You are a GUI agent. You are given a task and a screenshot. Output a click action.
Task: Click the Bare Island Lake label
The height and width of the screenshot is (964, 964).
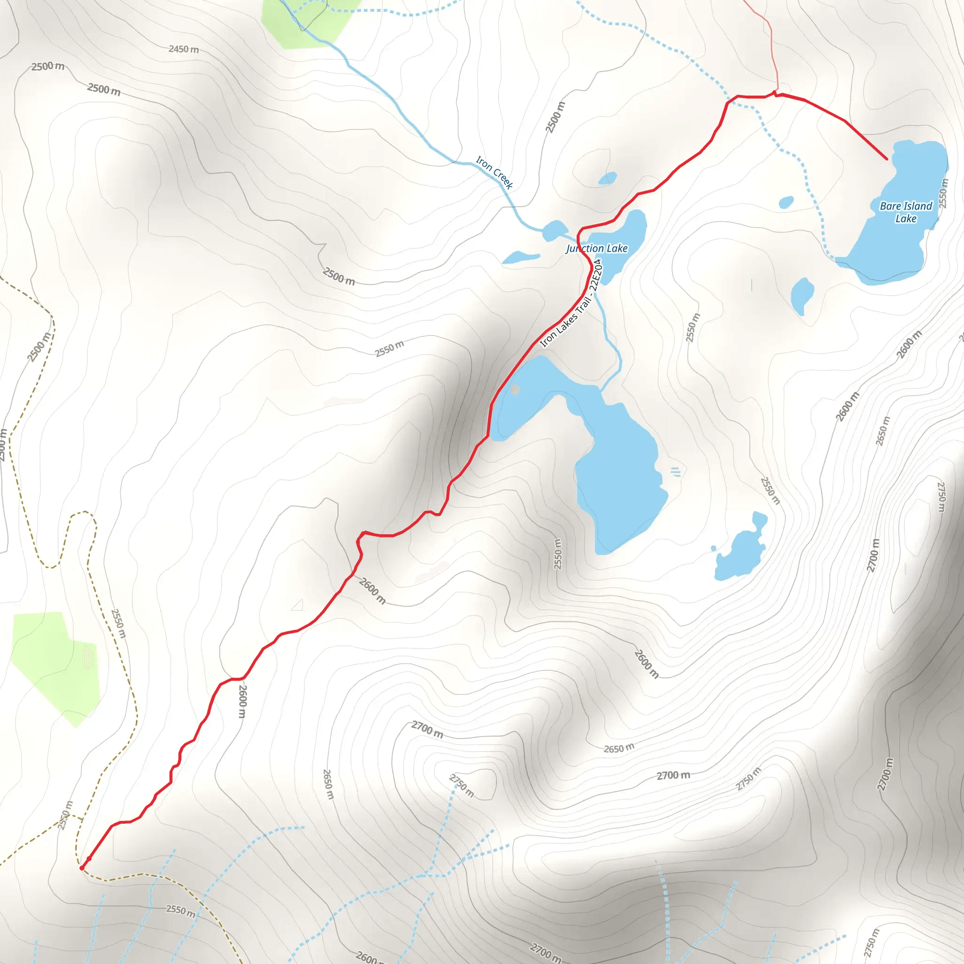(906, 212)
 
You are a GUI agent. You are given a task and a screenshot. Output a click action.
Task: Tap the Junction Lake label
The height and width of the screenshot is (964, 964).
(597, 249)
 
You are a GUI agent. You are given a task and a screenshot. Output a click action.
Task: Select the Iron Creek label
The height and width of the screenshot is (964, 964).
(494, 172)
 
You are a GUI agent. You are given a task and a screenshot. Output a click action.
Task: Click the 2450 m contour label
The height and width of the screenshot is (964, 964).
(184, 49)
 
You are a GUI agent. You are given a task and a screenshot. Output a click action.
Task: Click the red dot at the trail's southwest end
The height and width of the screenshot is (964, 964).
(82, 868)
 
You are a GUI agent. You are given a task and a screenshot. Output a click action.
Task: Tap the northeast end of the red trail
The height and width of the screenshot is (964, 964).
(887, 159)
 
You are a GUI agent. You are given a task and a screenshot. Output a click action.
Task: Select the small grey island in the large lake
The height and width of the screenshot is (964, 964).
(515, 389)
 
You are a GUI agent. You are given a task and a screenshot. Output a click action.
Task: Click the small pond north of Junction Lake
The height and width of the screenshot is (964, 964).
(607, 178)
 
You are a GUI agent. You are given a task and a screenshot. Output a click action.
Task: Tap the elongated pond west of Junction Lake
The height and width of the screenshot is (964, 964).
(521, 257)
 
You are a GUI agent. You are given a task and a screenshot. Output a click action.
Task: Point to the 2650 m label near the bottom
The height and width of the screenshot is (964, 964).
(327, 784)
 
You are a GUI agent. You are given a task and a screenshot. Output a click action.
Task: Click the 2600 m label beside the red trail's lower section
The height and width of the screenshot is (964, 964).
(242, 701)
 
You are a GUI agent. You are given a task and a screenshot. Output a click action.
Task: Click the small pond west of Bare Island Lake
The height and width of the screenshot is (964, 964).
(786, 202)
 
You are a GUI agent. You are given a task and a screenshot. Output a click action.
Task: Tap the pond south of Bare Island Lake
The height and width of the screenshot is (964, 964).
(802, 294)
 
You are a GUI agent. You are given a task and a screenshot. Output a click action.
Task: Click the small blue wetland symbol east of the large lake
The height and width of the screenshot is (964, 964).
(675, 472)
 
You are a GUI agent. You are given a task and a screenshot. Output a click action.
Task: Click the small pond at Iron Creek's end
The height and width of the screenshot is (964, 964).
(554, 231)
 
